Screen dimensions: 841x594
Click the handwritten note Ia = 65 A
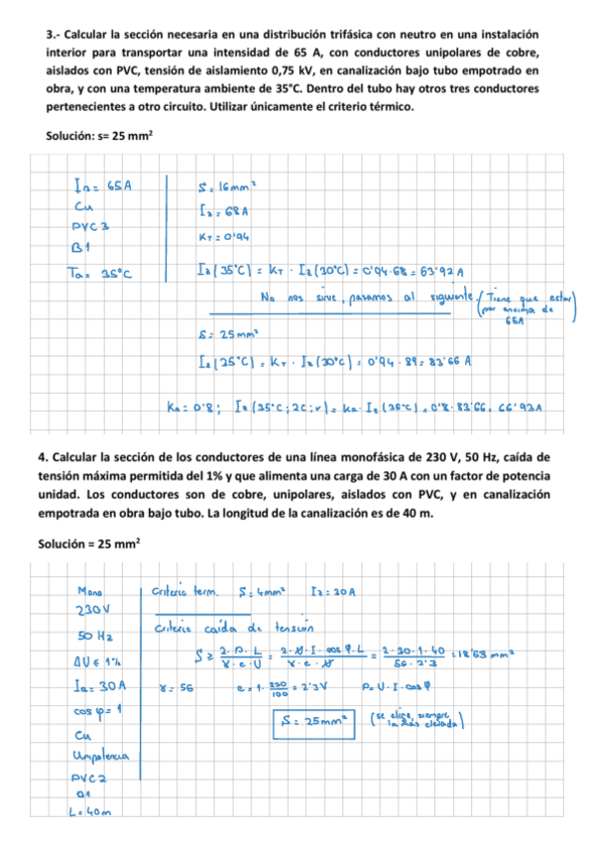coord(103,183)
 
